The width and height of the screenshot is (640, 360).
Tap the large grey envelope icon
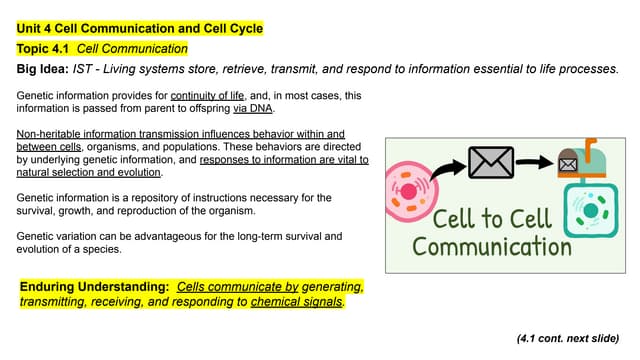coord(491,163)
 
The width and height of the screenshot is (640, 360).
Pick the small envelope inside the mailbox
coord(568,162)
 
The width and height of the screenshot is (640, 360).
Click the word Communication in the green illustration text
coord(492,246)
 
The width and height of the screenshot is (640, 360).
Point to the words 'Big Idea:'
coord(42,69)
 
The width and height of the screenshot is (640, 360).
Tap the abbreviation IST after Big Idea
coord(86,69)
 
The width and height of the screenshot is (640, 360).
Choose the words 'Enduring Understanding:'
coord(95,287)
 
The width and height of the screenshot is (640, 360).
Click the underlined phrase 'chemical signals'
coord(296,301)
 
